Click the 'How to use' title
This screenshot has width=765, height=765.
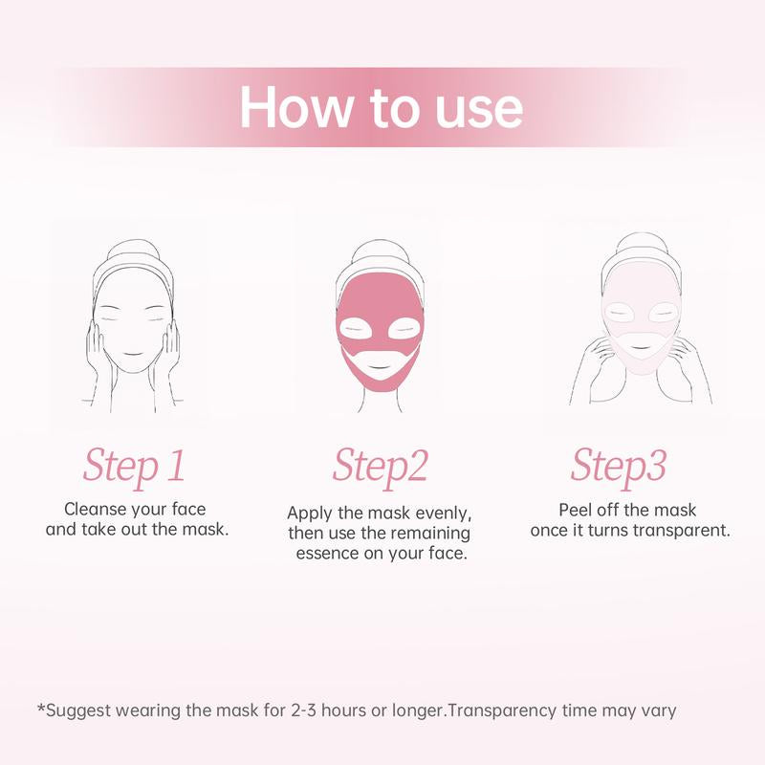pyautogui.click(x=381, y=107)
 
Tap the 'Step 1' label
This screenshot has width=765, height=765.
pyautogui.click(x=134, y=466)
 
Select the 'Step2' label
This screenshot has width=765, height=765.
pyautogui.click(x=380, y=466)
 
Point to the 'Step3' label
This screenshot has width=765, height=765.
pyautogui.click(x=618, y=466)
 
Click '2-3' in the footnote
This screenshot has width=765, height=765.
pyautogui.click(x=303, y=710)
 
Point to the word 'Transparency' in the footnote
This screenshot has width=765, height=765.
pyautogui.click(x=501, y=711)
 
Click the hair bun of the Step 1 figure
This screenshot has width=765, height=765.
pyautogui.click(x=136, y=249)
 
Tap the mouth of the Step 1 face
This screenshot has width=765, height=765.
pyautogui.click(x=133, y=354)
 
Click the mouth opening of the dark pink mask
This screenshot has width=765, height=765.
pyautogui.click(x=380, y=362)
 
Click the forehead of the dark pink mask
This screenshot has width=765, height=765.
pyautogui.click(x=380, y=291)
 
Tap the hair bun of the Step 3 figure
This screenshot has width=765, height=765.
pyautogui.click(x=641, y=243)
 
